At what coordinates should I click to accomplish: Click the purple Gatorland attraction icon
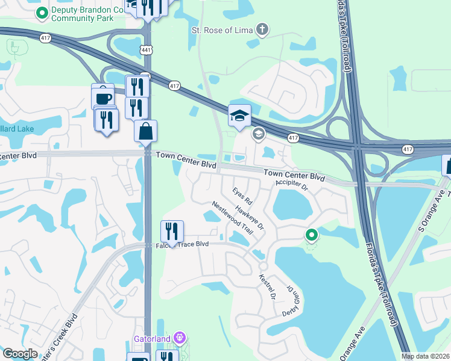click(178, 339)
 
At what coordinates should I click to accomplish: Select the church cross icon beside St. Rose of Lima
click(262, 28)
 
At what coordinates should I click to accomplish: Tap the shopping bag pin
click(146, 131)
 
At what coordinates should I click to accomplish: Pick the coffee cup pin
click(103, 97)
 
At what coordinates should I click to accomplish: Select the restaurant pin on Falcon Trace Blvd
click(172, 231)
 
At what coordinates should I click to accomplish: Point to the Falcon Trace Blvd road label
click(181, 244)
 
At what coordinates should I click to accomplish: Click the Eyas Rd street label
click(242, 193)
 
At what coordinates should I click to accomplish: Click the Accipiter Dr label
click(291, 185)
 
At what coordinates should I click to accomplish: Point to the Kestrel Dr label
click(266, 288)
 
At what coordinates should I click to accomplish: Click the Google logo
click(20, 354)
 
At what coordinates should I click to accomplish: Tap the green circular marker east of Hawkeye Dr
click(311, 235)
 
